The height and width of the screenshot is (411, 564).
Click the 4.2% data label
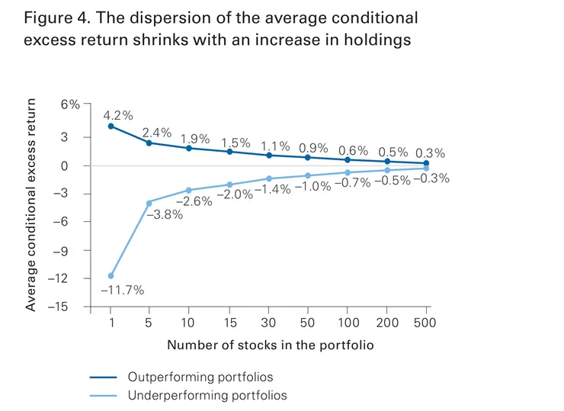118,116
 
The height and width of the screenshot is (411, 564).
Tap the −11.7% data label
122,290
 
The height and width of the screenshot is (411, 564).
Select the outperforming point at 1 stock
111,126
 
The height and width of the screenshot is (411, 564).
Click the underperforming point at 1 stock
111,275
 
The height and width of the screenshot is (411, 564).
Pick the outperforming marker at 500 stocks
425,163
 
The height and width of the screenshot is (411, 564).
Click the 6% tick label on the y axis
70,104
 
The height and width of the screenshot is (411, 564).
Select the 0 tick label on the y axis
75,165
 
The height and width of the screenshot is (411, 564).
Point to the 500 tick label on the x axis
425,323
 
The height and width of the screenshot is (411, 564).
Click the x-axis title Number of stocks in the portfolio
271,345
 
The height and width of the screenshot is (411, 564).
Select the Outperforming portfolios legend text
200,377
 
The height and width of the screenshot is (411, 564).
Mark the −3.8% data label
163,215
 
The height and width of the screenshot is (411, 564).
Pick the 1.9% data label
195,139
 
